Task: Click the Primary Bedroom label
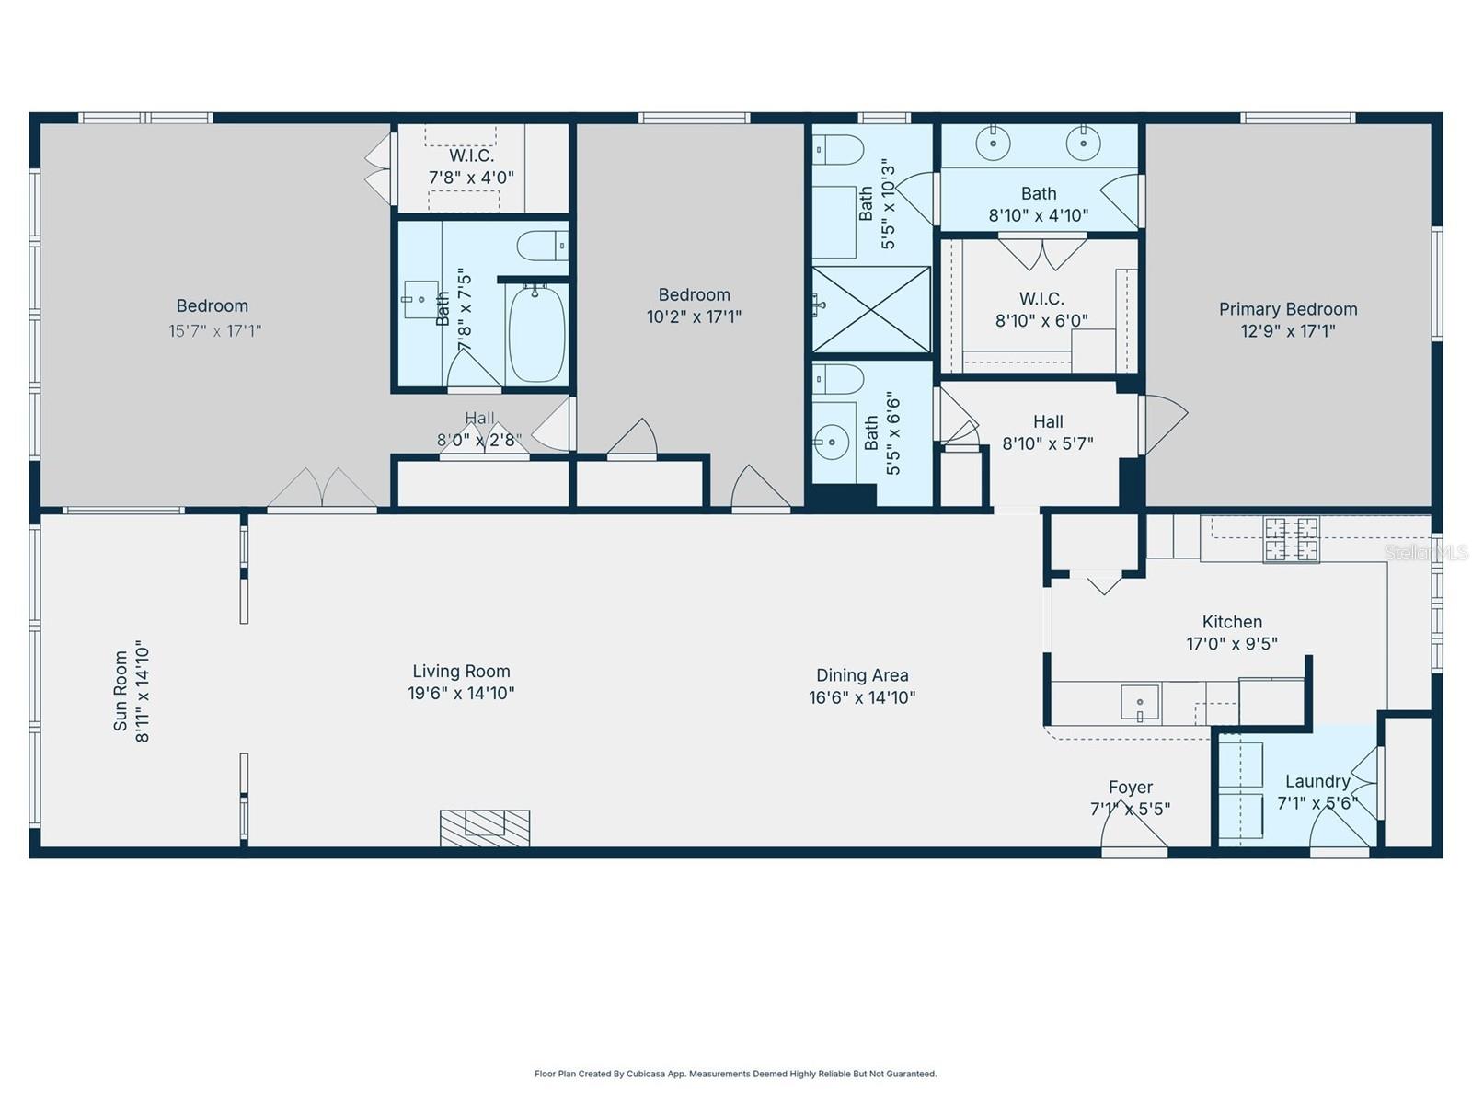1288,310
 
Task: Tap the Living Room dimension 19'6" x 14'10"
461,694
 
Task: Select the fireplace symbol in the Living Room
485,827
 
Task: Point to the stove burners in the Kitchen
1291,539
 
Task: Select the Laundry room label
1317,781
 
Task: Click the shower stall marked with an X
871,309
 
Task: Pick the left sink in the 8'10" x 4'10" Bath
994,144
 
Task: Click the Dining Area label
862,675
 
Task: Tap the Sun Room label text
121,691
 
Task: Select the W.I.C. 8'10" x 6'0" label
1041,299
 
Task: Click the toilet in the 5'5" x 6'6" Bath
838,378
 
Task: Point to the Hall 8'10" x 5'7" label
1048,421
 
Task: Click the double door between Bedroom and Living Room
322,489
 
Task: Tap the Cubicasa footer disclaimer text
735,1074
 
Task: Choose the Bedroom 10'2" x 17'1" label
694,295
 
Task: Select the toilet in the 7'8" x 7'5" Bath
542,247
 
